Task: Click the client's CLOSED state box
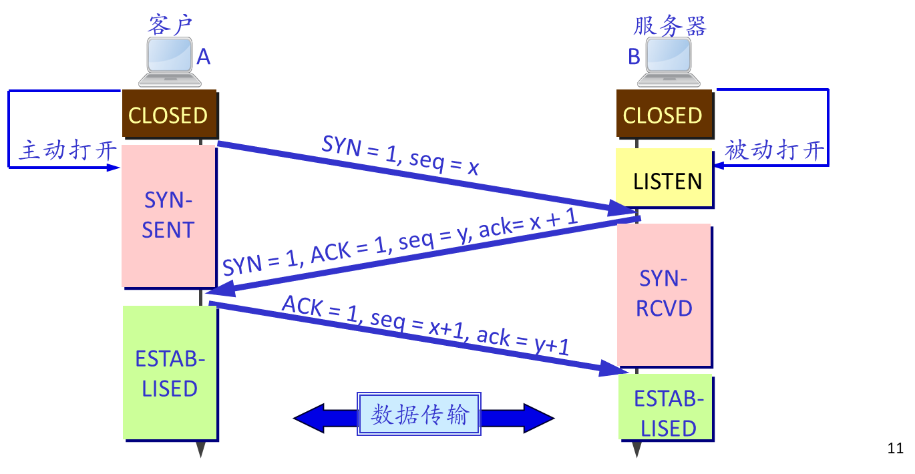coord(168,115)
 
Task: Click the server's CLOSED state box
coord(663,115)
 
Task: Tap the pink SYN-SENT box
coord(168,215)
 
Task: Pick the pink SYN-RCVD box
coord(664,294)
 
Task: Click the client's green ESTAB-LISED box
coord(170,373)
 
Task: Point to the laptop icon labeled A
coord(169,62)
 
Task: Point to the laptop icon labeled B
coord(669,62)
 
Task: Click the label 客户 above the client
coord(170,25)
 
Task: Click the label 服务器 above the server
coord(669,27)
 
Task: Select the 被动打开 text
coord(775,150)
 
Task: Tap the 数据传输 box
coord(419,415)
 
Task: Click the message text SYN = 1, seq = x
coord(400,155)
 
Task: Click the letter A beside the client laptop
coord(204,58)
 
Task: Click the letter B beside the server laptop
coord(634,57)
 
